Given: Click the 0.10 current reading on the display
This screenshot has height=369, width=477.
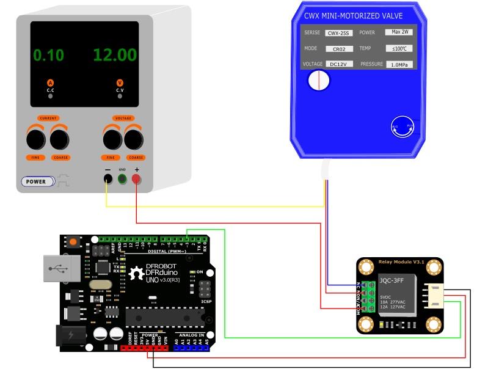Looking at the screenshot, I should [x=48, y=55].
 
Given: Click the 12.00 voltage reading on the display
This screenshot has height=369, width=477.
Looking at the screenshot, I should [x=115, y=54].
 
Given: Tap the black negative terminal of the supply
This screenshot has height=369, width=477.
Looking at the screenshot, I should [x=107, y=179].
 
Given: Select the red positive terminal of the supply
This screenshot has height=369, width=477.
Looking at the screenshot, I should [x=136, y=179].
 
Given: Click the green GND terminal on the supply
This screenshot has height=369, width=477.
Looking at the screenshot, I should [x=122, y=179].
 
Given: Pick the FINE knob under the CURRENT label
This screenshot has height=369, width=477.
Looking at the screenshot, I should [x=35, y=140].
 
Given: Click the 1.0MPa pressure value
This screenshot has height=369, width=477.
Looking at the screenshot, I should [x=401, y=64].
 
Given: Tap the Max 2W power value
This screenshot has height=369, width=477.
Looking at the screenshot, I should [x=401, y=32].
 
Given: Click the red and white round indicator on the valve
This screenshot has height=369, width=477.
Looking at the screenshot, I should [x=318, y=80].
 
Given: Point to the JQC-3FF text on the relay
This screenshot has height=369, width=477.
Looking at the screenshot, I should [x=391, y=282].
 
